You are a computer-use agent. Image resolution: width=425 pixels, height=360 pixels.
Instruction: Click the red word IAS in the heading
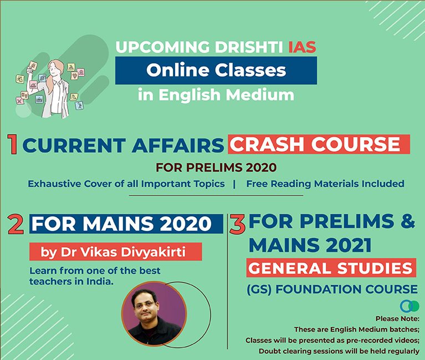coord(302,47)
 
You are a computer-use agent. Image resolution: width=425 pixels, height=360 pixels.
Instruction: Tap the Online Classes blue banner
coord(216,70)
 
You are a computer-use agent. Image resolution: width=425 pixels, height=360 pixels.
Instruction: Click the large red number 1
coord(12,144)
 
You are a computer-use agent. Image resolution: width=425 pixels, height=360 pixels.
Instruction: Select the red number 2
coord(16,224)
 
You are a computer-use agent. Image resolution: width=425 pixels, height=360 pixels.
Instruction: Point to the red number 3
coord(237,224)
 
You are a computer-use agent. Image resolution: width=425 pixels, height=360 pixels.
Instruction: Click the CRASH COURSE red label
coord(319,144)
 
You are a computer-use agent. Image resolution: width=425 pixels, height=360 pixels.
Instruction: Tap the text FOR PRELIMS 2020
coord(216,167)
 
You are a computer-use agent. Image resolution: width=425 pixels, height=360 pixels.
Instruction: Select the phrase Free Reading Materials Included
coord(325,184)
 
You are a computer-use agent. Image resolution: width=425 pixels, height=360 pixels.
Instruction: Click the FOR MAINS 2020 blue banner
coord(126,224)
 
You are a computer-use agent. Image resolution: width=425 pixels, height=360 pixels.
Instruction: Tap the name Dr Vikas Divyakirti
coord(123,252)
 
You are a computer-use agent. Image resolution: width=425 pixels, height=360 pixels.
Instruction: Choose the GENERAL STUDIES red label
coord(331,268)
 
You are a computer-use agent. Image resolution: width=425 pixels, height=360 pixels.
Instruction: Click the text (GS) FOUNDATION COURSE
coord(332,289)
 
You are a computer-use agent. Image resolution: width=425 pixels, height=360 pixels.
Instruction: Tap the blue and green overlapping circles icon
coord(409,306)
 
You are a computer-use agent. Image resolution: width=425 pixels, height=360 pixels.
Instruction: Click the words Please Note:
coord(397,319)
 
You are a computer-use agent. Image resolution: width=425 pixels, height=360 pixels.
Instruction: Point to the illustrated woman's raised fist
coord(29,70)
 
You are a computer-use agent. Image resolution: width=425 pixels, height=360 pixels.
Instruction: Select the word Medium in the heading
coord(260,95)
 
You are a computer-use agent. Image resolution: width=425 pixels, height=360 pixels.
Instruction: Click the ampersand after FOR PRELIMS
coord(407,221)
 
